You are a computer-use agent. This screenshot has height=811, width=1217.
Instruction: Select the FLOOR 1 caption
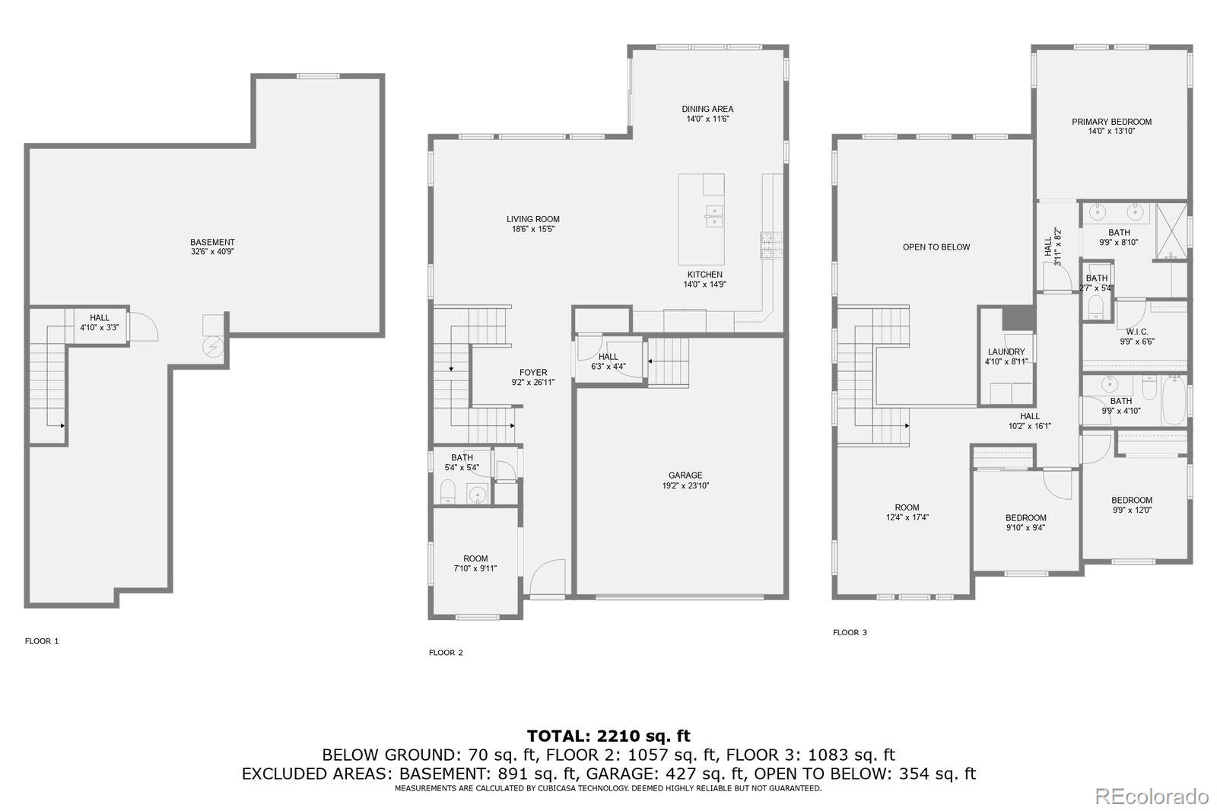42,641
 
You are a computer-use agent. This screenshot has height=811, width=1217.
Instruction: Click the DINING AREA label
707,110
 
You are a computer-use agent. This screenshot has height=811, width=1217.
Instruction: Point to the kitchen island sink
713,216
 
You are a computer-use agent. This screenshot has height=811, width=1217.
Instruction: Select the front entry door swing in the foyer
548,579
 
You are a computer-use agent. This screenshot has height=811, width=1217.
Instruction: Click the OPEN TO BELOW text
936,247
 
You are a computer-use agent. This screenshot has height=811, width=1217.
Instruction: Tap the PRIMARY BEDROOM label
1111,122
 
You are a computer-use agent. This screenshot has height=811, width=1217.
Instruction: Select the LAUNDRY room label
1006,352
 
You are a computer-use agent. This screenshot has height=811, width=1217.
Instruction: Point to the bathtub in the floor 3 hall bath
1173,401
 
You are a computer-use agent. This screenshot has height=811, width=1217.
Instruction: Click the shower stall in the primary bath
1171,231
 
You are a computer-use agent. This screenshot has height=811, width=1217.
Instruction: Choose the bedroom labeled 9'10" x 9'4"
1025,523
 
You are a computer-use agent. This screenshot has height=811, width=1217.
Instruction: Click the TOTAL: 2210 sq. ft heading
608,736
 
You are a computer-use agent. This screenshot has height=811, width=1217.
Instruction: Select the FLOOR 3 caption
850,633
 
